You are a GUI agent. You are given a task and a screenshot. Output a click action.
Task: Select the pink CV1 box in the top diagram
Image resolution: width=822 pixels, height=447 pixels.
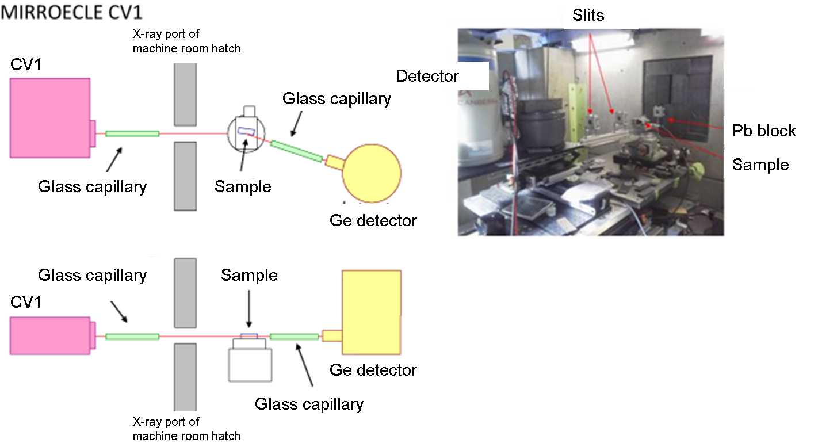(50, 118)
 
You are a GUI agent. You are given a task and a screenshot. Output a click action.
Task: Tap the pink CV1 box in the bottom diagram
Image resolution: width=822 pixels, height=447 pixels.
(50, 335)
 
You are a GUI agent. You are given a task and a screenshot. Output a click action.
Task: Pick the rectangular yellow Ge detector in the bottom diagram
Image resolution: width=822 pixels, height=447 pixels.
(371, 312)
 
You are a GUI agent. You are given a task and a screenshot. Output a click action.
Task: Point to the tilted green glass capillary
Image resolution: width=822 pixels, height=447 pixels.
(297, 151)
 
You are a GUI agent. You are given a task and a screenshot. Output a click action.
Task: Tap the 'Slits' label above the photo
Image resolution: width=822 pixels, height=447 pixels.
(588, 15)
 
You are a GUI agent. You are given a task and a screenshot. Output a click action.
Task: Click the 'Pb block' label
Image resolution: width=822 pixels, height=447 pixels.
(764, 131)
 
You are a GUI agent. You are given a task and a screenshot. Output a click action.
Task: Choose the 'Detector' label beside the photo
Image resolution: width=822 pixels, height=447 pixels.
(427, 77)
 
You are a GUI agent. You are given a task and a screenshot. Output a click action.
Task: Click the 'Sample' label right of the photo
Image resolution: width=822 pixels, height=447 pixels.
(760, 165)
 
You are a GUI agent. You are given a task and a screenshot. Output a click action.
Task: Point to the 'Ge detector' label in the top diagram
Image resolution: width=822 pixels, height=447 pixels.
(373, 220)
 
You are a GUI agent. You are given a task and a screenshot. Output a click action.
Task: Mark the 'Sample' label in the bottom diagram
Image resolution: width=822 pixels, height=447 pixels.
(249, 276)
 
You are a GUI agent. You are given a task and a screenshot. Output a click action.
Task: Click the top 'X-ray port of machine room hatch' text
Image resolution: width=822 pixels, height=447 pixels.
(186, 41)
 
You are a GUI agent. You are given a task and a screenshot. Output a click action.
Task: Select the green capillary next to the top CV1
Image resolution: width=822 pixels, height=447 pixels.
(132, 133)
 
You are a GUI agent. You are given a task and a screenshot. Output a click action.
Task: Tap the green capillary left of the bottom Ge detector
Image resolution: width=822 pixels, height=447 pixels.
(294, 337)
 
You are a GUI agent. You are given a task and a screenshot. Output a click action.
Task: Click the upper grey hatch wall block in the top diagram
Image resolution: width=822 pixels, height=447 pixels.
(186, 94)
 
